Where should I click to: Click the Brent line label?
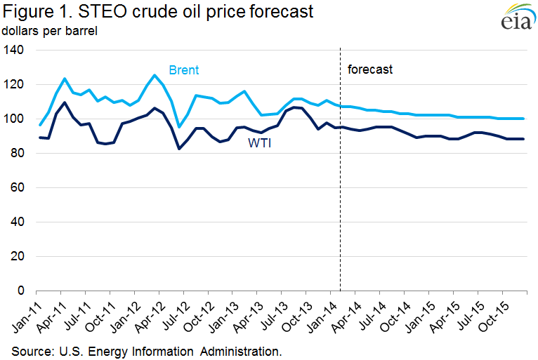[183, 70]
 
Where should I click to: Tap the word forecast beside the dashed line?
[370, 69]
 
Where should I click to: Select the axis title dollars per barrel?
[49, 31]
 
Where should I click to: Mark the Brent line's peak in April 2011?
[65, 79]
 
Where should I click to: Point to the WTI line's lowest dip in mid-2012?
[179, 148]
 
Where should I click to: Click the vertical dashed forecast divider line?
[340, 175]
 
